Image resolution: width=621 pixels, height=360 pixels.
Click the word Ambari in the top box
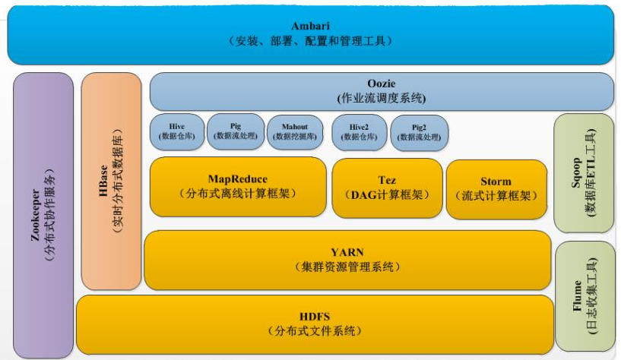tap(309, 27)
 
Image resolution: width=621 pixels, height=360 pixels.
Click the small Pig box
tap(235, 131)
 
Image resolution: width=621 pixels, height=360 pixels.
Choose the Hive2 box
tap(359, 131)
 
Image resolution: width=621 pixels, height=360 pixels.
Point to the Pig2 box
tap(419, 131)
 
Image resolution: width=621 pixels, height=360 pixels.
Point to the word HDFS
tap(314, 316)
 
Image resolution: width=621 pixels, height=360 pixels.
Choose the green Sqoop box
tap(584, 173)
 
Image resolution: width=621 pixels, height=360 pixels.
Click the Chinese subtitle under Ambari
tap(309, 41)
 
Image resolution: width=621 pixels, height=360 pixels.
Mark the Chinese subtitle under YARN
tap(347, 267)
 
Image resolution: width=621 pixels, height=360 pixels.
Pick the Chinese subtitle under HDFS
tap(314, 331)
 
